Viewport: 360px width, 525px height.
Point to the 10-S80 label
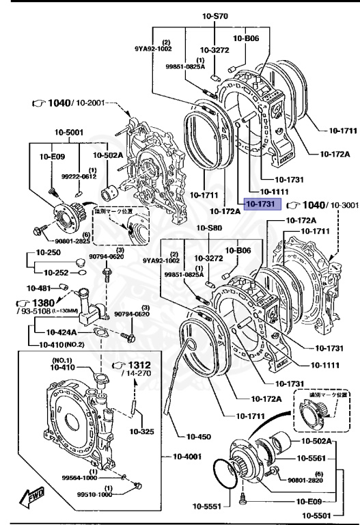(210, 228)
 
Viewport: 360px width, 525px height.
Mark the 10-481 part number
(39, 288)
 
